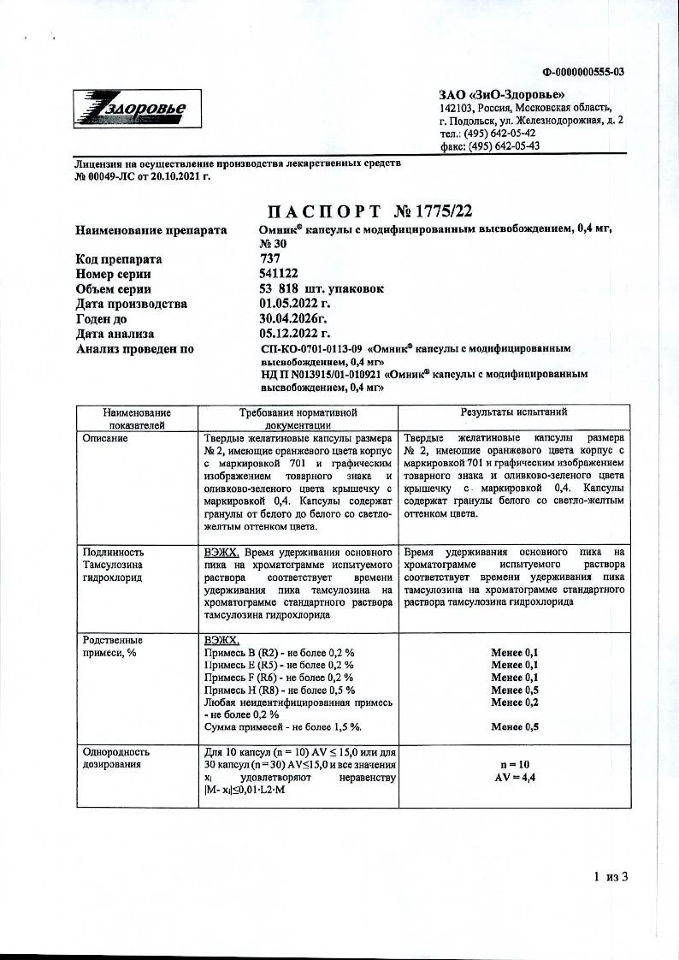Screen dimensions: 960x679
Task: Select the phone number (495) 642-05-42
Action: point(500,133)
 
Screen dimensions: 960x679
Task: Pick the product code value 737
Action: point(269,258)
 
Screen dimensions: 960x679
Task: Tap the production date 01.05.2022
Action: point(294,304)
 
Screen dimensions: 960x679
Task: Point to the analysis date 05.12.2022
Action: point(294,334)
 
